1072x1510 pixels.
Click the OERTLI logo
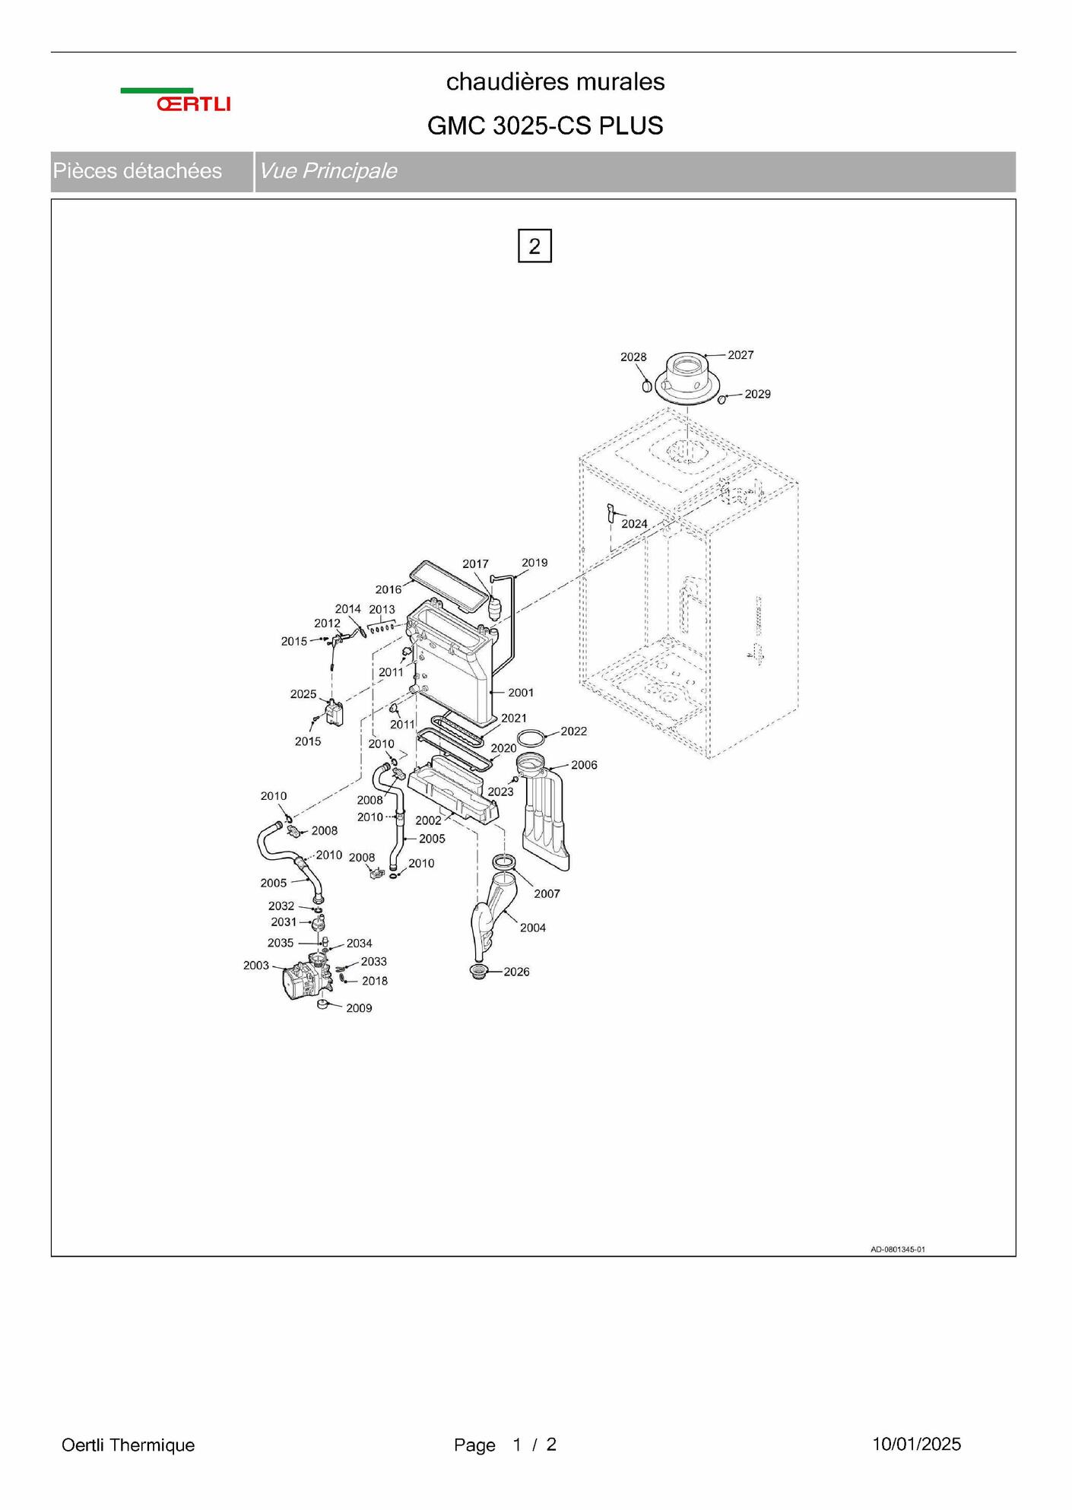(176, 100)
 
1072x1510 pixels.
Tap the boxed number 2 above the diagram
(534, 246)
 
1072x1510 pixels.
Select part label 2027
(741, 355)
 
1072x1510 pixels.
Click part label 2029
(757, 394)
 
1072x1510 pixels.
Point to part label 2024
(634, 524)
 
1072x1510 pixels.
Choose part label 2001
(521, 693)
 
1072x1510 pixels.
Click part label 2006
(584, 765)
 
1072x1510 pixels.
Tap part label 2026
(516, 972)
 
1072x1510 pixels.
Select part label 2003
(256, 966)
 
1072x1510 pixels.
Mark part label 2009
(359, 1008)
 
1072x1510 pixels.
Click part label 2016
(389, 589)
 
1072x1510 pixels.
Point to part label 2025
(303, 694)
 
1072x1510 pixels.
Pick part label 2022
(573, 731)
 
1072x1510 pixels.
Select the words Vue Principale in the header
(328, 171)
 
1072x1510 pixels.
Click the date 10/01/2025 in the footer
(916, 1444)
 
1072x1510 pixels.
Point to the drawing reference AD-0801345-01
(898, 1249)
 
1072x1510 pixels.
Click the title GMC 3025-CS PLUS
(545, 125)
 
